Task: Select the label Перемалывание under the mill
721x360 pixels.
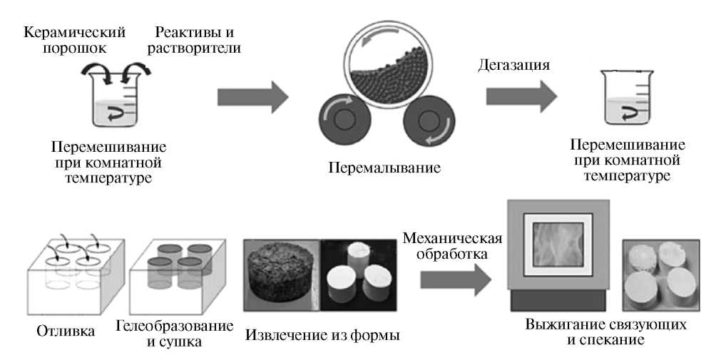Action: pos(385,168)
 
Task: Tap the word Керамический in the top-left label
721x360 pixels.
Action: pos(75,32)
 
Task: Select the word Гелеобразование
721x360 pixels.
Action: pos(173,326)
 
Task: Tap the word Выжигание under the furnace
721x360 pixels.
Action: pos(563,324)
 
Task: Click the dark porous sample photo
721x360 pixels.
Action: pos(281,273)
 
